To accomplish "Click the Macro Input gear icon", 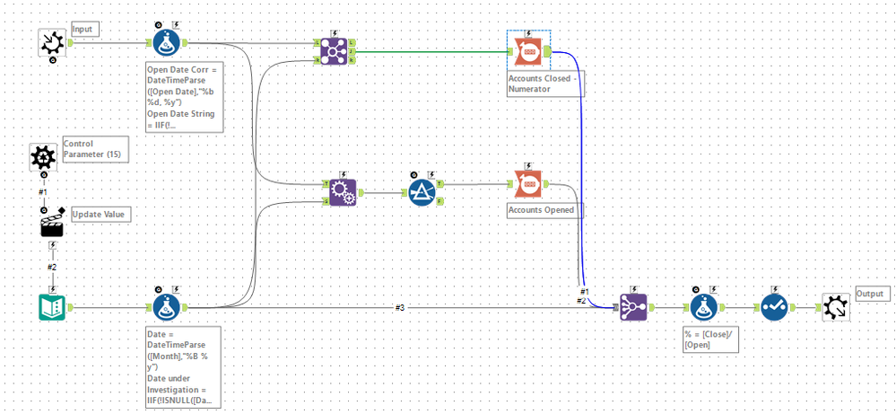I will (52, 42).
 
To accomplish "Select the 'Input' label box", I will (86, 29).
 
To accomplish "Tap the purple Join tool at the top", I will (336, 51).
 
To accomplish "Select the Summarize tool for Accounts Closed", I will (528, 52).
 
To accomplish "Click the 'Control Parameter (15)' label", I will (93, 149).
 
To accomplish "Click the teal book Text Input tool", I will (52, 307).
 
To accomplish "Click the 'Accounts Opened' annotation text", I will (541, 210).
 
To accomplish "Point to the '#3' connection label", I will (400, 307).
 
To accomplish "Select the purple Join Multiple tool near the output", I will (631, 307).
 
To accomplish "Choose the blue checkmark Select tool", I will (774, 307).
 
